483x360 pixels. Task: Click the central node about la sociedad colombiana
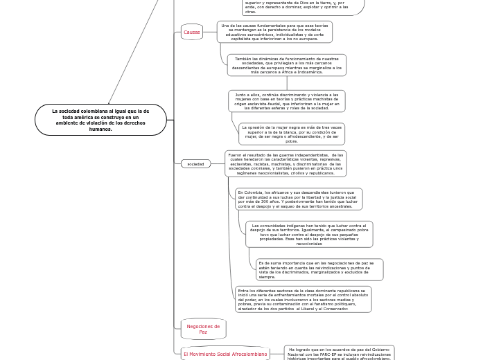click(100, 120)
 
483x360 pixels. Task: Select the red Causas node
click(191, 32)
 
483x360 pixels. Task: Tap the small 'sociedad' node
click(195, 164)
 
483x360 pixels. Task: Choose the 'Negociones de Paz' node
click(203, 329)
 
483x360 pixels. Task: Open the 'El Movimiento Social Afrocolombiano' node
click(225, 354)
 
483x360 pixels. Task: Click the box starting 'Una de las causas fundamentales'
click(274, 32)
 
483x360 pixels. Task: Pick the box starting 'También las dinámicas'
click(286, 65)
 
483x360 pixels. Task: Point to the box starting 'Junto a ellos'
click(286, 101)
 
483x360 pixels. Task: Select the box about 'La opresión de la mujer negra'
click(291, 134)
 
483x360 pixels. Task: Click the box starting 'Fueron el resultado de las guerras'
click(286, 164)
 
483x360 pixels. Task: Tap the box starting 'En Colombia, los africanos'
click(298, 199)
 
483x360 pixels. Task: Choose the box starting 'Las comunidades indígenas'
click(309, 234)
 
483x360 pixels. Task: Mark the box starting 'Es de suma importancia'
click(319, 269)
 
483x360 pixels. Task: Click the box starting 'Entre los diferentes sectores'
click(303, 299)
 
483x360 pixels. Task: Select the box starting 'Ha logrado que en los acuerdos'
click(339, 353)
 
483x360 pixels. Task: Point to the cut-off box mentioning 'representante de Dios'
click(302, 6)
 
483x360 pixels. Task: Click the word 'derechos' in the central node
click(132, 123)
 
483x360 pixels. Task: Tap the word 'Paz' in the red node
click(203, 332)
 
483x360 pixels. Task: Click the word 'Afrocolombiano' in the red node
click(250, 354)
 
